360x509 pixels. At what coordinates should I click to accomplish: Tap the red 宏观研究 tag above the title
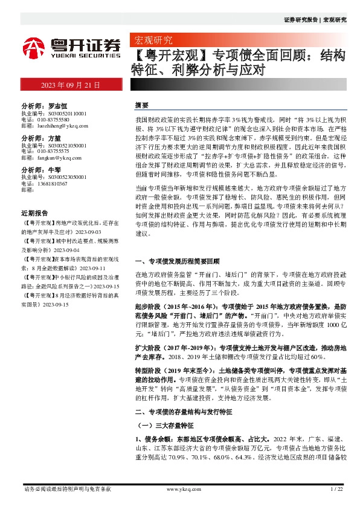point(152,41)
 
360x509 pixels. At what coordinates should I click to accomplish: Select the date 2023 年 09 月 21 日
point(70,85)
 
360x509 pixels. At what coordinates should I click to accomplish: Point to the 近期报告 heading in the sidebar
point(34,213)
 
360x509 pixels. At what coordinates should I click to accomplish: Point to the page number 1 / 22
point(337,488)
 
